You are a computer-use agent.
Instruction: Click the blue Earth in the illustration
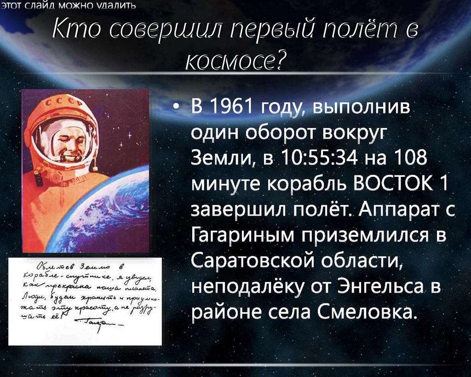click(x=115, y=216)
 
